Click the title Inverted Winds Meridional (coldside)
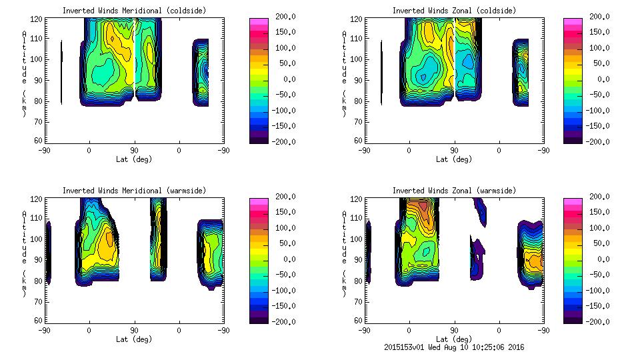[134, 11]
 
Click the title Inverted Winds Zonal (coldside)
[454, 11]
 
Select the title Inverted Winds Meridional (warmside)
[134, 191]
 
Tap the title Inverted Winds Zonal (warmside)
[454, 191]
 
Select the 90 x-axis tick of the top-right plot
[454, 150]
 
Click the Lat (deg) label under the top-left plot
[134, 159]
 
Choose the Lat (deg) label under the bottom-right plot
[454, 339]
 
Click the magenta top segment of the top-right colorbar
[573, 23]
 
